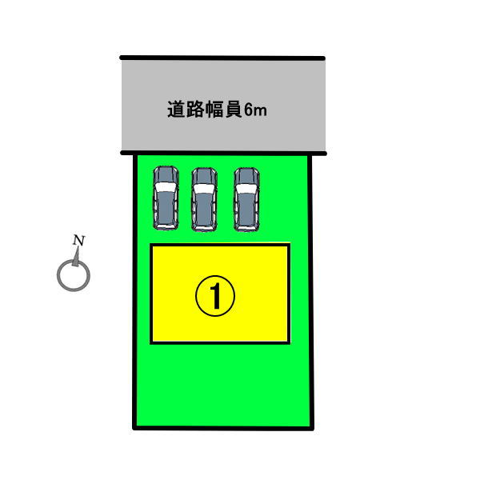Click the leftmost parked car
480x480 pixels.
click(x=166, y=198)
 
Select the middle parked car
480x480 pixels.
click(x=204, y=199)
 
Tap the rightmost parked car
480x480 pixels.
click(x=246, y=199)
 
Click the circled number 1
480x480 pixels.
click(x=215, y=296)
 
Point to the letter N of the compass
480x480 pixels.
click(x=78, y=240)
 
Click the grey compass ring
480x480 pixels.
click(x=74, y=275)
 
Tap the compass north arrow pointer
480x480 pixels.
click(x=76, y=257)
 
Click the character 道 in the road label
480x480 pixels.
click(x=176, y=110)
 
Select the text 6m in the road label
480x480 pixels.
click(x=256, y=110)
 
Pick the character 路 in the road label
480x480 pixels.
click(x=195, y=110)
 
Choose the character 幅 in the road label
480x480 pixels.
click(x=214, y=110)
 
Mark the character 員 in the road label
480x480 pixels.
click(x=234, y=110)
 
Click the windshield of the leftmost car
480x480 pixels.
click(x=166, y=186)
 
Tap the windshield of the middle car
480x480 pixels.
click(x=204, y=189)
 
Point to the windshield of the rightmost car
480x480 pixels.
click(x=246, y=189)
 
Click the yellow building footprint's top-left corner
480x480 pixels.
click(x=151, y=245)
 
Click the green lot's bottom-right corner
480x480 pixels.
click(x=312, y=428)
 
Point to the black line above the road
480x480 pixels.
click(x=222, y=58)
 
